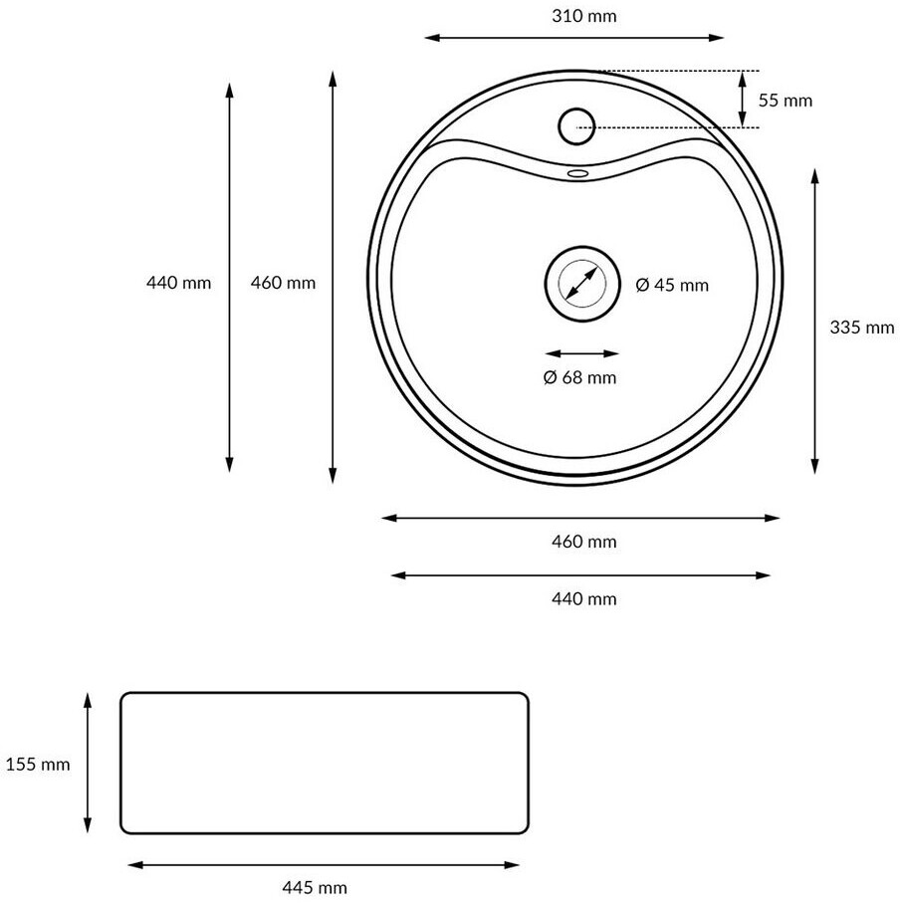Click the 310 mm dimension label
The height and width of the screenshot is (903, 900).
pyautogui.click(x=583, y=16)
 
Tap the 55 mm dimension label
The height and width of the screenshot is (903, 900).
pyautogui.click(x=785, y=101)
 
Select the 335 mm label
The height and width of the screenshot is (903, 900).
pyautogui.click(x=862, y=328)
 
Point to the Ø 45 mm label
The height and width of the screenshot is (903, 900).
pyautogui.click(x=672, y=285)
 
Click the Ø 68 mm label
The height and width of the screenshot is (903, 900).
pyautogui.click(x=579, y=377)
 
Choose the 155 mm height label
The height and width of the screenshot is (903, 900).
pyautogui.click(x=38, y=765)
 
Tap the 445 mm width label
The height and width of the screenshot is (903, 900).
pyautogui.click(x=315, y=887)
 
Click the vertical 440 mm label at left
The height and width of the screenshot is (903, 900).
pyautogui.click(x=178, y=283)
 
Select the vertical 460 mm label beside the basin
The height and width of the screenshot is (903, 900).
pyautogui.click(x=283, y=283)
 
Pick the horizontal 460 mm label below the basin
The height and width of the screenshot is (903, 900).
pyautogui.click(x=583, y=542)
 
